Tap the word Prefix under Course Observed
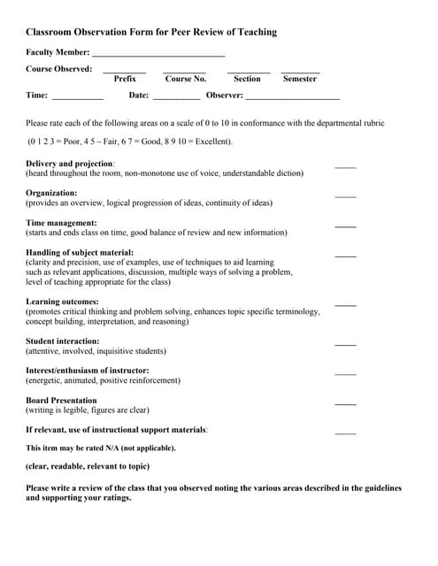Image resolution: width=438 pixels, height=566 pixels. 125,79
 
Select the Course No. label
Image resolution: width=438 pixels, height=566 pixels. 185,79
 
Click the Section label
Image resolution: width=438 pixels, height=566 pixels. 247,79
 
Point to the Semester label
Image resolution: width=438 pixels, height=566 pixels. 300,79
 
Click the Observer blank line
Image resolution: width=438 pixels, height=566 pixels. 292,97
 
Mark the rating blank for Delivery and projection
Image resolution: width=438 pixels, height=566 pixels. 345,166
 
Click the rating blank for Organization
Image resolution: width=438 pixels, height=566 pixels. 345,195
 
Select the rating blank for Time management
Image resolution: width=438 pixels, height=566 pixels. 345,226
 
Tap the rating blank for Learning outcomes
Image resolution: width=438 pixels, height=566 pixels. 345,304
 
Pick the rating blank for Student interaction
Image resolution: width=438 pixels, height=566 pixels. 345,343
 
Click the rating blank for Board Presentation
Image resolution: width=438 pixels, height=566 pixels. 345,402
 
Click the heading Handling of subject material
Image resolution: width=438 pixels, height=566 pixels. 80,253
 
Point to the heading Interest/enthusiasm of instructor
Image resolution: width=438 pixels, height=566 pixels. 87,370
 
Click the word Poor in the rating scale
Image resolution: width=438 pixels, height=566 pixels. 73,141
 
